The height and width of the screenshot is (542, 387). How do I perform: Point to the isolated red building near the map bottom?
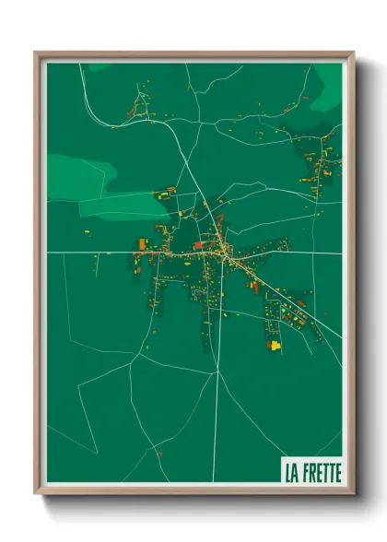[158, 453]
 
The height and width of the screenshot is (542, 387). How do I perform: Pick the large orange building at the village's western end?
[142, 244]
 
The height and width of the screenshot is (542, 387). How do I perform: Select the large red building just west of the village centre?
[198, 246]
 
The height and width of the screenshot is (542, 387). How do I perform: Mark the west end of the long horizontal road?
[51, 251]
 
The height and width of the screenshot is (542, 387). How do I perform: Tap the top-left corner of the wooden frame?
[36, 53]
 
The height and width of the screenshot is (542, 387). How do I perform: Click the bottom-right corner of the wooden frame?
[353, 492]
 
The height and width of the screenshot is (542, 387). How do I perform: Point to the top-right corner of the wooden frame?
[353, 53]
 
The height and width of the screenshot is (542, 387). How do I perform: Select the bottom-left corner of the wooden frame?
[36, 492]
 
